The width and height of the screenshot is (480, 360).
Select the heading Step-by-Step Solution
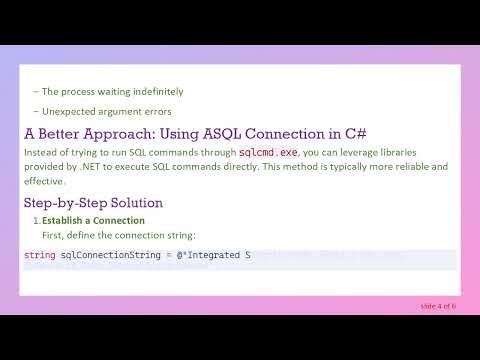click(93, 203)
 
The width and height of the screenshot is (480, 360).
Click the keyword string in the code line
click(40, 256)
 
